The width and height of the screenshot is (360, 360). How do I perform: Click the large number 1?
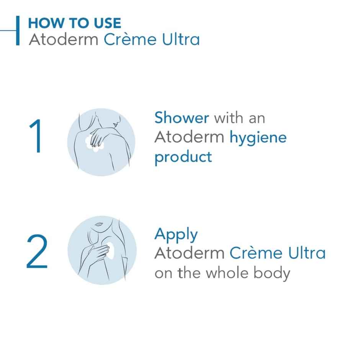tap(36, 137)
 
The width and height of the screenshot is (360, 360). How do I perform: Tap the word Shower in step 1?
tap(182, 118)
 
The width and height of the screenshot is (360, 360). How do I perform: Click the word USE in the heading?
tap(105, 23)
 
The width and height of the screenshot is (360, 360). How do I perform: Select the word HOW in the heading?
tap(43, 23)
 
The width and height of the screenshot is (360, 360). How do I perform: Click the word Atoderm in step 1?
tap(189, 137)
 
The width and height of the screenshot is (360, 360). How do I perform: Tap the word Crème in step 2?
tap(255, 253)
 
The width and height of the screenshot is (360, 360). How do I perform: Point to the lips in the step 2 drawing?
tap(99, 224)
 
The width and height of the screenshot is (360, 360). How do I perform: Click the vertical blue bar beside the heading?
tap(18, 31)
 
